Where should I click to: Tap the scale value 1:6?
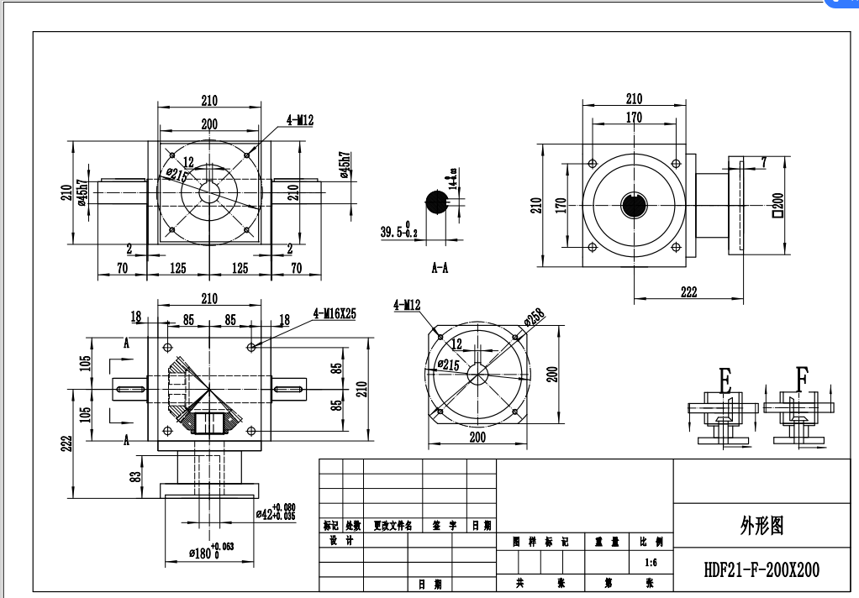(x=650, y=562)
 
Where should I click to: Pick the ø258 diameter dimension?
(x=534, y=318)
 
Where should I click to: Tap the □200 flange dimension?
(x=777, y=203)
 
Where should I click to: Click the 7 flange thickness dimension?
(x=763, y=160)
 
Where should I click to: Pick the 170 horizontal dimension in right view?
(x=634, y=118)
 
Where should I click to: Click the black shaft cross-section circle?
(x=438, y=202)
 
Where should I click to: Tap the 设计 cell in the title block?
(x=342, y=540)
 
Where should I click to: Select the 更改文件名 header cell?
(x=393, y=526)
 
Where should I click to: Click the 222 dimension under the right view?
(x=689, y=292)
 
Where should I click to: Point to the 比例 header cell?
(x=651, y=542)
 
